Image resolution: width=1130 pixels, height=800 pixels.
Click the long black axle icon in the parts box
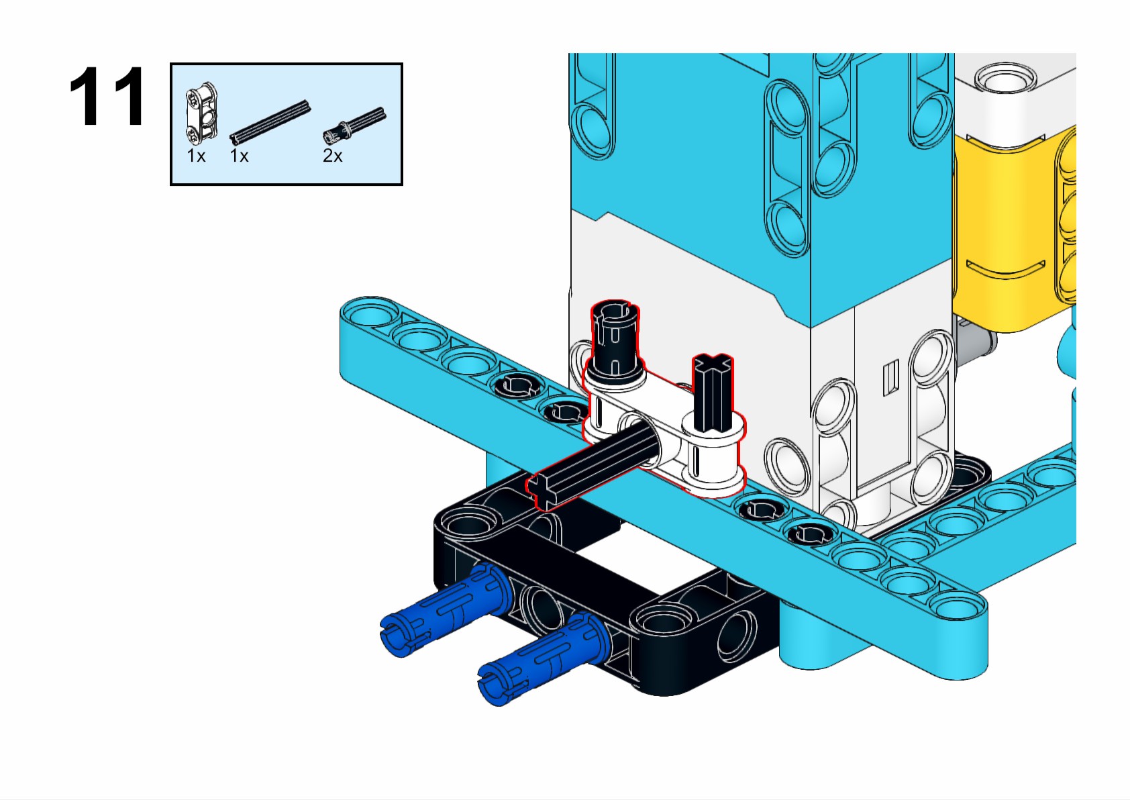coord(270,122)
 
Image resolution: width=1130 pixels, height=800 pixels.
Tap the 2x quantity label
coord(332,156)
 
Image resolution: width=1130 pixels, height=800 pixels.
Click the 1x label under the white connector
coord(196,156)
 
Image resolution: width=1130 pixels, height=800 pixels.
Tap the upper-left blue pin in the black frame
coord(440,610)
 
